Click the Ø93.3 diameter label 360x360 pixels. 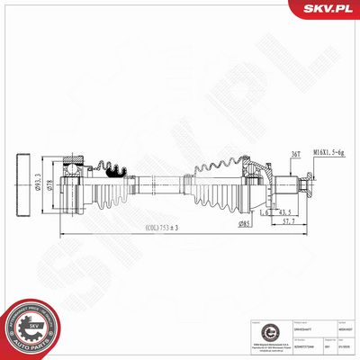52,183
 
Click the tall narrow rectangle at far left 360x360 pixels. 24,185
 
